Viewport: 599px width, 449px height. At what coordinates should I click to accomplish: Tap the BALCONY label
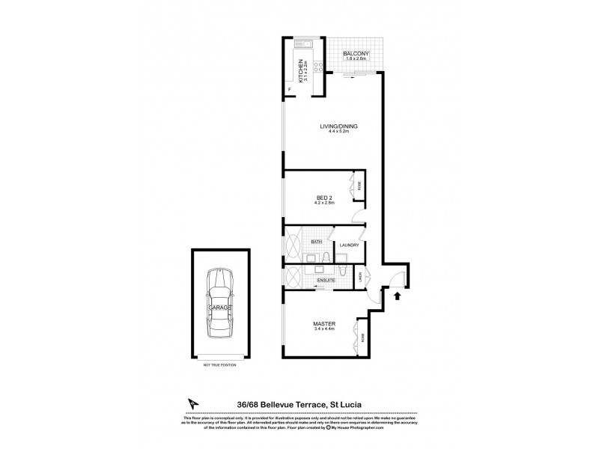tap(354, 54)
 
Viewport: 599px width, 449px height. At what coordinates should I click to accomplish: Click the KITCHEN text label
tap(301, 71)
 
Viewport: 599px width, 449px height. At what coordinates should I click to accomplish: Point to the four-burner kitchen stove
tap(318, 67)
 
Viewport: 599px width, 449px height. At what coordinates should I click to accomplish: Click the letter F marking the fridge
tap(291, 91)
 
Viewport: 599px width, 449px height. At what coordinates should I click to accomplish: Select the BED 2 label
tap(323, 198)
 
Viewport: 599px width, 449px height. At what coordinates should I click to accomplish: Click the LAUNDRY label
tap(350, 245)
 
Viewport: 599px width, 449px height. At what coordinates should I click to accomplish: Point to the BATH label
tap(317, 241)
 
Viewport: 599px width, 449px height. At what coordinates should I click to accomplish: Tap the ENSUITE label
tap(326, 280)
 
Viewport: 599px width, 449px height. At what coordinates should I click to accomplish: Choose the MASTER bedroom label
tap(323, 323)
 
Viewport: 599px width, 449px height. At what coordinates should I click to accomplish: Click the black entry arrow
tap(396, 296)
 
